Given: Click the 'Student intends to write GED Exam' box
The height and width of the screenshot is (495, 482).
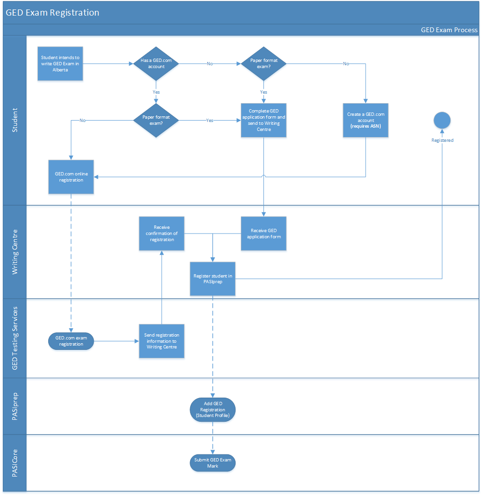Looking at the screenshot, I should tap(61, 63).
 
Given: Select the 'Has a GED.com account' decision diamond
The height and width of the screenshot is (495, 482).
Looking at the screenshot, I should tap(156, 63).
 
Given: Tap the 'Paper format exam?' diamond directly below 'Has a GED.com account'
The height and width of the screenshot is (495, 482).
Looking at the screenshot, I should tap(156, 120).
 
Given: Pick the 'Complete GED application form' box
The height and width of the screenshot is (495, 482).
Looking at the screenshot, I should tap(263, 120).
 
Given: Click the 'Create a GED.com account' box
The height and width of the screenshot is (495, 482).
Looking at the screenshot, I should tap(366, 120).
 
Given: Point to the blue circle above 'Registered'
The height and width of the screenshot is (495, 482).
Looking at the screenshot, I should tap(442, 121).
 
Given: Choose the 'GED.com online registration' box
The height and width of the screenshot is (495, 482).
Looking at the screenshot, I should tap(71, 177).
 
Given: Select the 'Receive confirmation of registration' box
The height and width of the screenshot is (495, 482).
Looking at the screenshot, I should tap(162, 234).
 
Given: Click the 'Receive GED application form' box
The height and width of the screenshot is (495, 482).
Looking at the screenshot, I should tap(263, 234).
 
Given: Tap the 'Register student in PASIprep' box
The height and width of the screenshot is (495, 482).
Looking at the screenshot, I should tap(212, 278).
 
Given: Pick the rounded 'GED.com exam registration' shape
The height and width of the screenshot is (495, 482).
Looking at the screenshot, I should tap(71, 341).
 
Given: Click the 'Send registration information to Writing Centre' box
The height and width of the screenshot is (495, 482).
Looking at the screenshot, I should tap(162, 341).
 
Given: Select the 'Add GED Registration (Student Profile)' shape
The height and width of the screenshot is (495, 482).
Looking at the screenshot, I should tap(212, 409).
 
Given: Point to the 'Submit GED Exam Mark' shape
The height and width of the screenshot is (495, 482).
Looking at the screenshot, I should tap(212, 463).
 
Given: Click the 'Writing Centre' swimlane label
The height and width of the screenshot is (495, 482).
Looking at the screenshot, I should tap(15, 252).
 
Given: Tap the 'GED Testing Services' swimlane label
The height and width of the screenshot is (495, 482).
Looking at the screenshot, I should tap(15, 338).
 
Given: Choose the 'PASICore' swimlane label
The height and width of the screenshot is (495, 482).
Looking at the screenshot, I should tap(15, 463).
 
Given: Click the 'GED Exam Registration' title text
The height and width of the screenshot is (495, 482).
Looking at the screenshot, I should tap(53, 13).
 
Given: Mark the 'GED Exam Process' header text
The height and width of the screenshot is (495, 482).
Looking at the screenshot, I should tap(449, 30).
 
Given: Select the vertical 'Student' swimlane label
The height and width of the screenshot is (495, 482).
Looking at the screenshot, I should tap(15, 120).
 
